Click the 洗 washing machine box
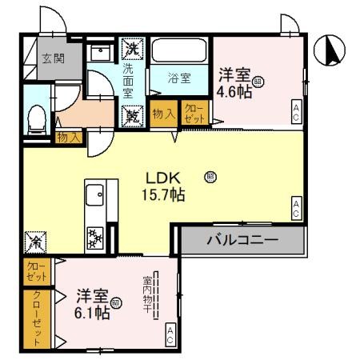coord(130,49)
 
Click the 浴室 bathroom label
coord(178,78)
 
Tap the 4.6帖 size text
coord(236,92)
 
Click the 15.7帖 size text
coord(165,194)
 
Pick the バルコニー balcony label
coord(242,239)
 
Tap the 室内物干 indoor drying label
coord(148,296)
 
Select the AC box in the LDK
coord(296,209)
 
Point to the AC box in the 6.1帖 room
coord(170,335)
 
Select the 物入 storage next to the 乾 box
coord(164,114)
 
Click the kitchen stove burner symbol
coord(94,237)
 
